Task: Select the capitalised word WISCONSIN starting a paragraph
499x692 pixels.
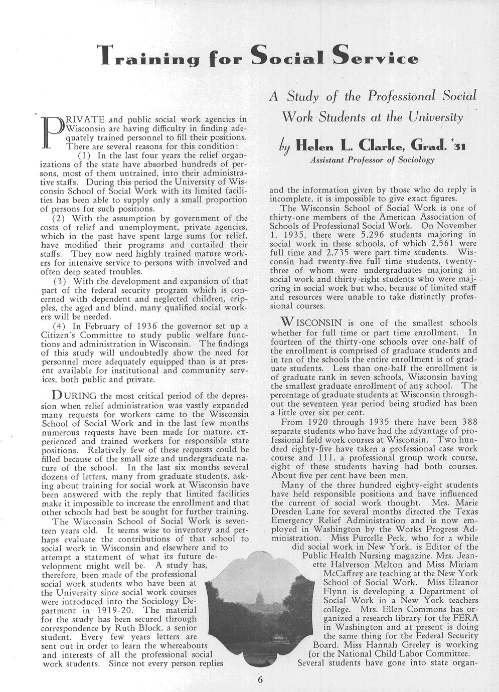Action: pyautogui.click(x=313, y=322)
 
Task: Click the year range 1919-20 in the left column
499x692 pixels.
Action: pyautogui.click(x=114, y=610)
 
